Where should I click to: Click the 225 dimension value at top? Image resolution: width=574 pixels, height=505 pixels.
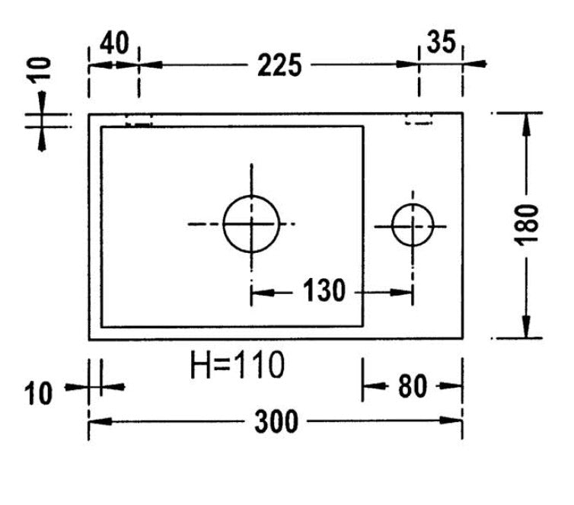click(279, 66)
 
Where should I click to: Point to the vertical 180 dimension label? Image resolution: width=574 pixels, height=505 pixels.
click(525, 225)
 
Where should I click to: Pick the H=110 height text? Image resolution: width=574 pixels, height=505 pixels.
click(237, 366)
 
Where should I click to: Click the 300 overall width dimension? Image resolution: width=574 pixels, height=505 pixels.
click(276, 421)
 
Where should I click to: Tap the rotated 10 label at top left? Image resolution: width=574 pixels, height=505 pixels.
click(43, 69)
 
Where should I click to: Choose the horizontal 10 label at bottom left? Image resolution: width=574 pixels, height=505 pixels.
click(38, 395)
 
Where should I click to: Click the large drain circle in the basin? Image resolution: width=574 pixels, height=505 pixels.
click(252, 223)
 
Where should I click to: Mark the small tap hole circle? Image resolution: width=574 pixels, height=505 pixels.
click(413, 225)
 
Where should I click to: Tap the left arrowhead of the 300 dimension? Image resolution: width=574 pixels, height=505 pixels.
click(97, 420)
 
